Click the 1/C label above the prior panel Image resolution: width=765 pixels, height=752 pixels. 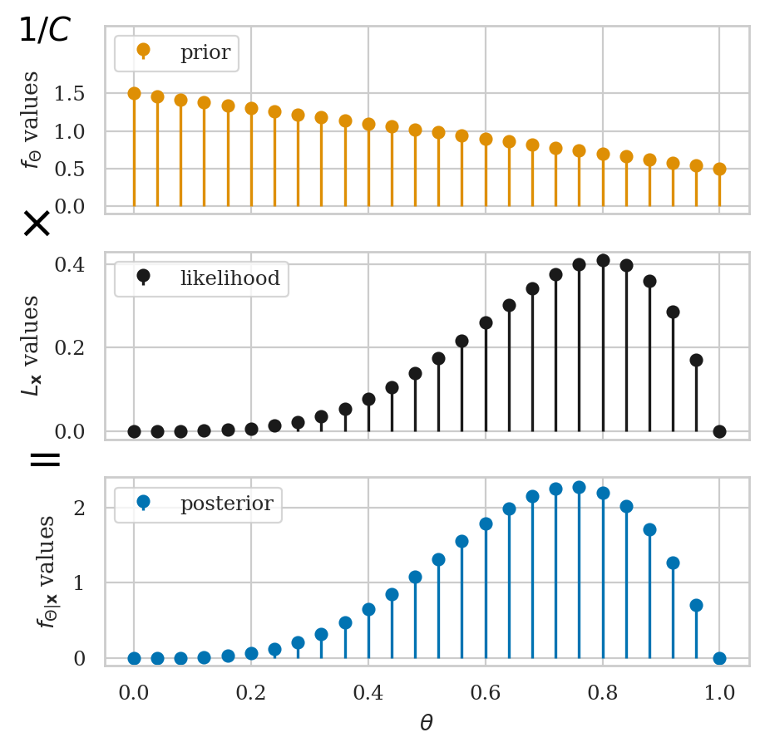point(45,31)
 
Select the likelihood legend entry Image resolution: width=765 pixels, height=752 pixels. point(202,278)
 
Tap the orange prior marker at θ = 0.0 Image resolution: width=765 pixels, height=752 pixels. point(134,93)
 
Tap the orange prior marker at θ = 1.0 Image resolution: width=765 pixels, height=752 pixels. point(719,169)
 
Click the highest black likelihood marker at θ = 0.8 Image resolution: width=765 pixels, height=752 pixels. point(603,260)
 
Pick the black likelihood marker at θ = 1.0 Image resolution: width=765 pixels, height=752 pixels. point(719,431)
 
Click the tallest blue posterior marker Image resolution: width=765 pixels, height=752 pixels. point(579,487)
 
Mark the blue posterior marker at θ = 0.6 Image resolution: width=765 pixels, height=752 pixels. point(486,523)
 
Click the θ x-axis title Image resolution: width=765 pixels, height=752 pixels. point(427,723)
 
